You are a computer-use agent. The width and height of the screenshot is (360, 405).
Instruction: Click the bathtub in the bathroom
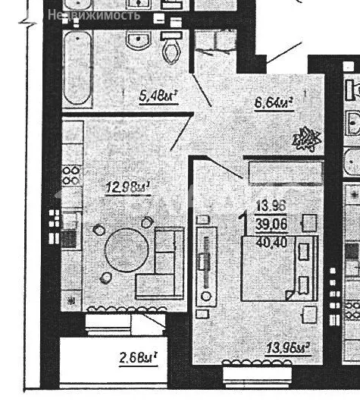click(x=77, y=69)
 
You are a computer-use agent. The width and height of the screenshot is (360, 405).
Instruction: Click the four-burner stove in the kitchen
click(x=70, y=175)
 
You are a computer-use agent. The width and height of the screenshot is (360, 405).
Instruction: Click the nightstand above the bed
click(x=308, y=222)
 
